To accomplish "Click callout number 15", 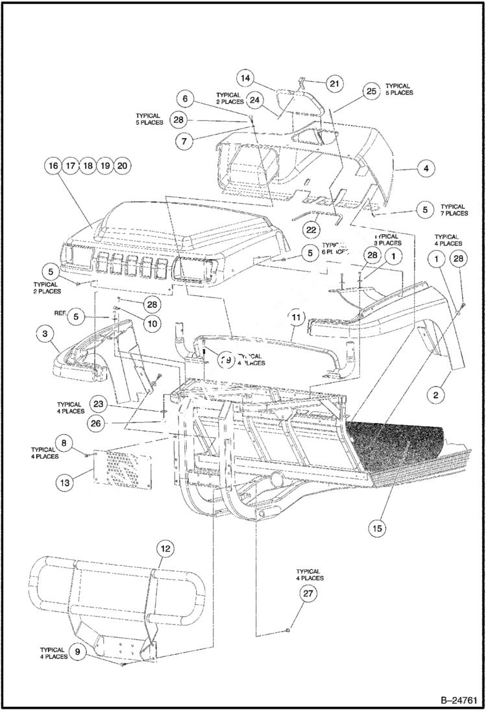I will click(377, 528).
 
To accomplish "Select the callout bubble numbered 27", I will click(308, 593).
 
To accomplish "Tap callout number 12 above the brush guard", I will click(165, 549).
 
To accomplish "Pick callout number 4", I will click(426, 169).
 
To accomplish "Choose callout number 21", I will click(334, 84).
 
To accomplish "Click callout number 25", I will click(371, 92).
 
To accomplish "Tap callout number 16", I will click(53, 166).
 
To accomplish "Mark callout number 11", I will click(297, 317).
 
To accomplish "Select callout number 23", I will click(98, 403).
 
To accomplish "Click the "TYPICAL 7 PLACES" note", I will click(454, 210).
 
